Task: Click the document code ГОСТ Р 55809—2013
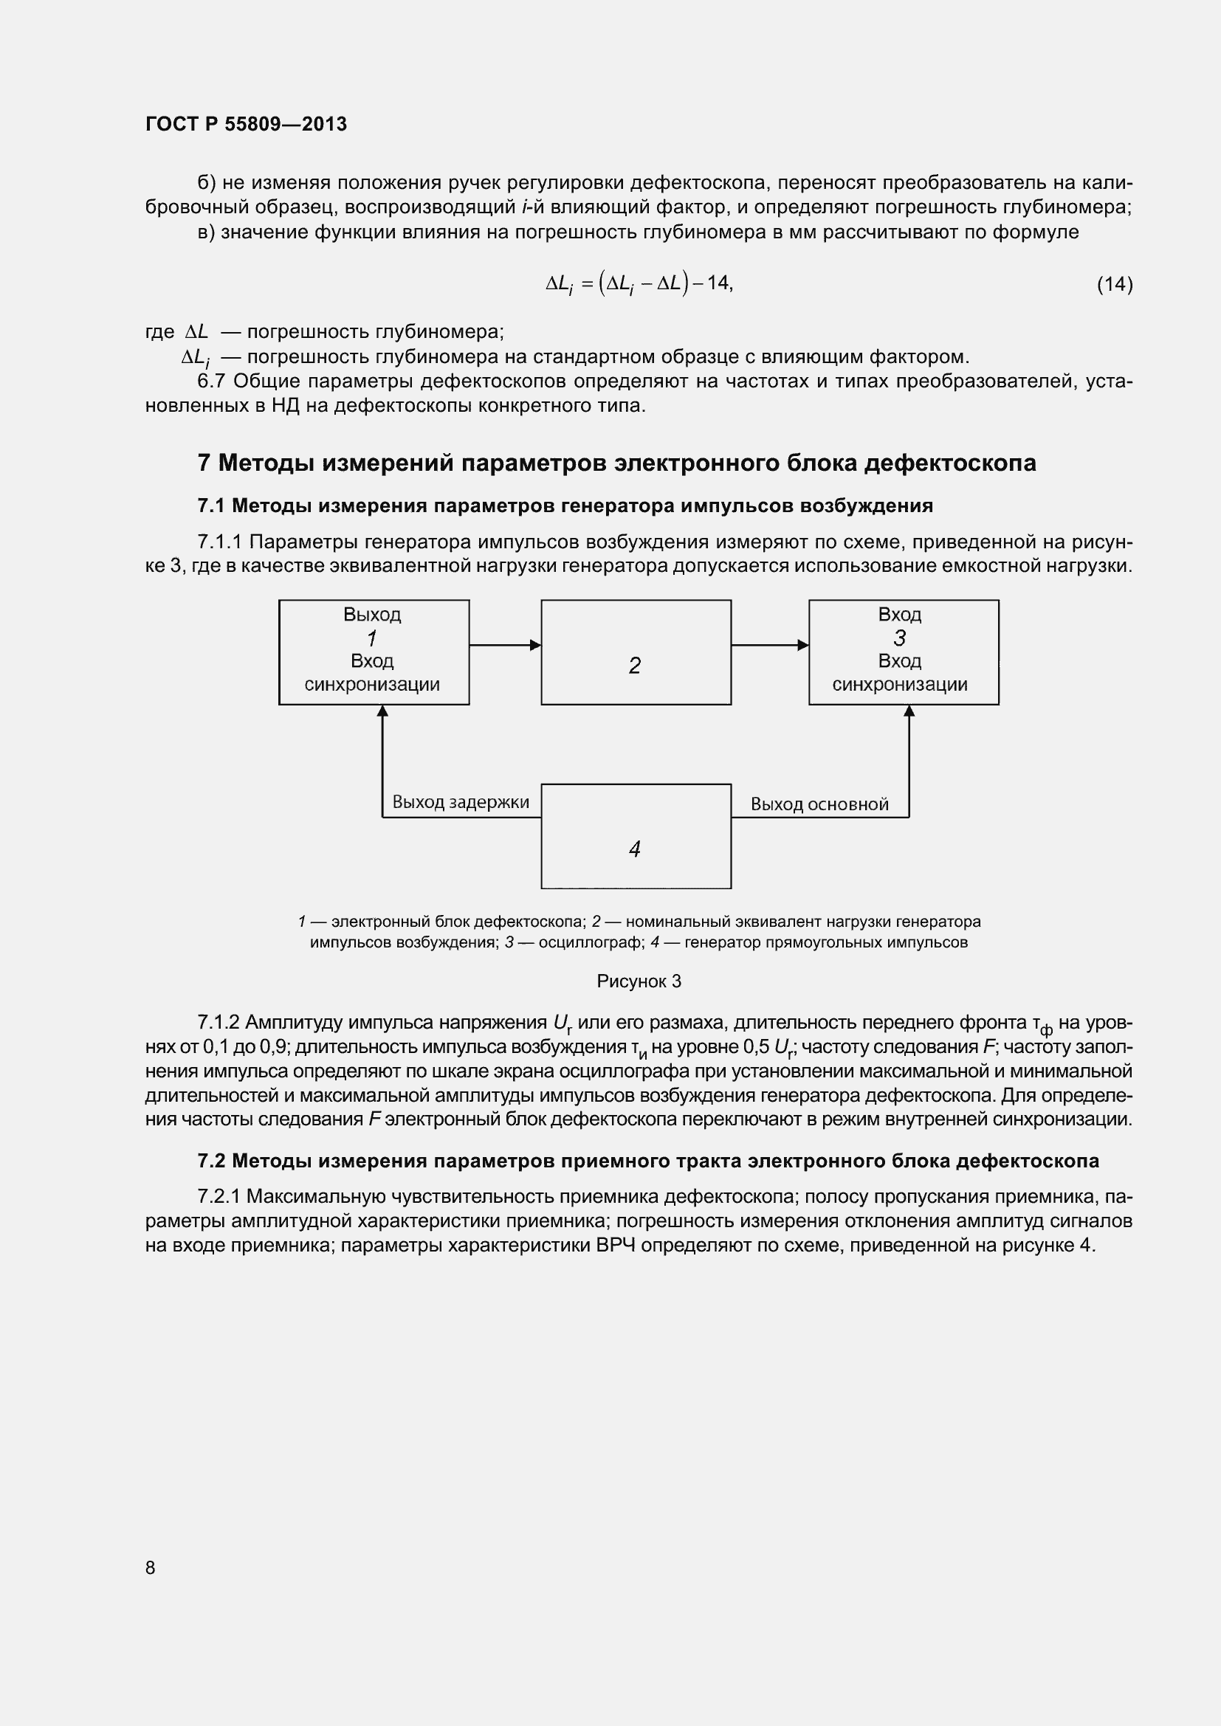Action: pos(246,124)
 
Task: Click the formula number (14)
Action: pos(1114,284)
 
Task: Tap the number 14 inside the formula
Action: pos(718,283)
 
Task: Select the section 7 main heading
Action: pos(616,463)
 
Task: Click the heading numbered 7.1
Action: pos(565,506)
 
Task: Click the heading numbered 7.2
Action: pos(647,1161)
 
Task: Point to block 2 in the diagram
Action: pos(636,652)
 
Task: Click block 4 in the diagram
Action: pos(636,837)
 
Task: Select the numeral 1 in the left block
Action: pos(371,639)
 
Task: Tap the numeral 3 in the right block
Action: pos(900,638)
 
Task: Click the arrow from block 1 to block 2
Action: pos(504,645)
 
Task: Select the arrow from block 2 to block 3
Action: pos(769,645)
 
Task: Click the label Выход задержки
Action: pos(460,802)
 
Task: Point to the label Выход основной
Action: pos(819,804)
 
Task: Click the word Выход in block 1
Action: pos(372,615)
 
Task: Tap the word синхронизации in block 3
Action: pos(899,685)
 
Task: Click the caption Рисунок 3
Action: pos(639,981)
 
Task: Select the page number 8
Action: pos(151,1567)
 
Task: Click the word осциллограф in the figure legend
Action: pos(591,942)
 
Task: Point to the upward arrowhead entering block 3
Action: pos(909,711)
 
